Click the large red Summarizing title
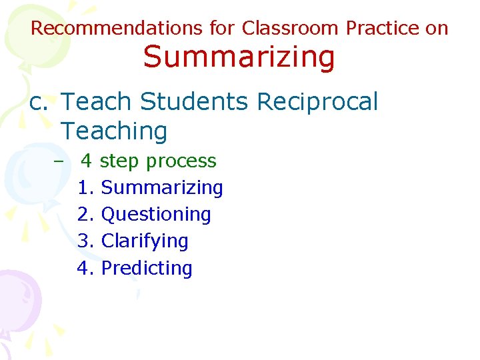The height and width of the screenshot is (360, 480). [x=239, y=57]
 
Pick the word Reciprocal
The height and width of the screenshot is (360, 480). [x=317, y=102]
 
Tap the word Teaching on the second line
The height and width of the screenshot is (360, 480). [x=114, y=131]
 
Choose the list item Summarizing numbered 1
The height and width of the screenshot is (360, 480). [x=161, y=188]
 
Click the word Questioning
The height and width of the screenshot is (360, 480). [x=156, y=215]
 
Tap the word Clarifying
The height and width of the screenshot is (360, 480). [x=145, y=241]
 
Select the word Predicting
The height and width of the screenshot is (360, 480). [x=147, y=268]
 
